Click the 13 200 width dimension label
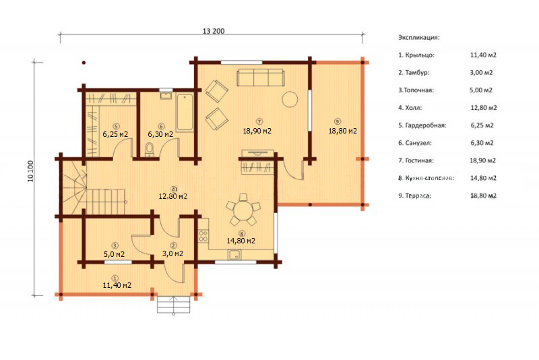pos(214,31)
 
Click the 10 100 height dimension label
pos(30,171)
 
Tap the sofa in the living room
pos(261,77)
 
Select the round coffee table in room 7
pos(290,99)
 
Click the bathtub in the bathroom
pos(185,112)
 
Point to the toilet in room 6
pos(150,150)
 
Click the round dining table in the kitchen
pos(243,210)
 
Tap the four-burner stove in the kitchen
pos(203,236)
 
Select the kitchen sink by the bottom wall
pos(235,255)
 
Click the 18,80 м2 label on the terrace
pos(343,131)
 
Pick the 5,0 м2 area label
pos(114,254)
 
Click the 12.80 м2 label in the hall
pos(173,197)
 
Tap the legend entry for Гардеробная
pos(422,125)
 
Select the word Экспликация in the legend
pos(418,37)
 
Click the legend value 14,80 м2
pos(483,178)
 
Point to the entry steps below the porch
pos(174,304)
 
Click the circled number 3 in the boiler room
pos(115,245)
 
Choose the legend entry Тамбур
pos(414,73)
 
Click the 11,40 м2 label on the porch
pos(117,285)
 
